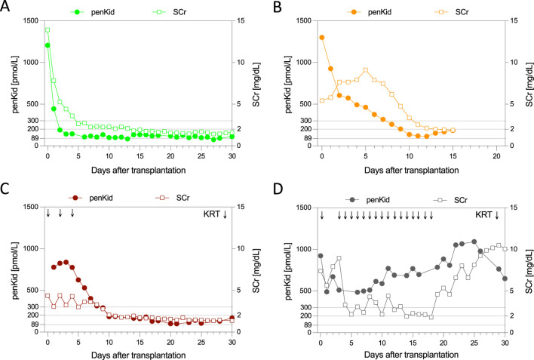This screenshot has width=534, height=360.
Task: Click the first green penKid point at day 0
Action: click(48, 45)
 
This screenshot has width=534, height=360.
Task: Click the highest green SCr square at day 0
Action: click(48, 30)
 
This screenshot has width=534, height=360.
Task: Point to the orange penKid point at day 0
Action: click(322, 37)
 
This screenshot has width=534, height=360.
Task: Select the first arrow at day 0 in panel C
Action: click(48, 215)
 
